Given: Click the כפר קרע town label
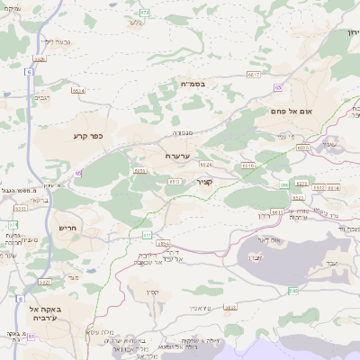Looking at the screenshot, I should pyautogui.click(x=89, y=137).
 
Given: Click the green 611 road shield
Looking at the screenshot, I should pyautogui.click(x=147, y=235).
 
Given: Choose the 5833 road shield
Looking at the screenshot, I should pyautogui.click(x=230, y=307).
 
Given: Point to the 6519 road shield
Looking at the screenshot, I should pyautogui.click(x=247, y=166).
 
